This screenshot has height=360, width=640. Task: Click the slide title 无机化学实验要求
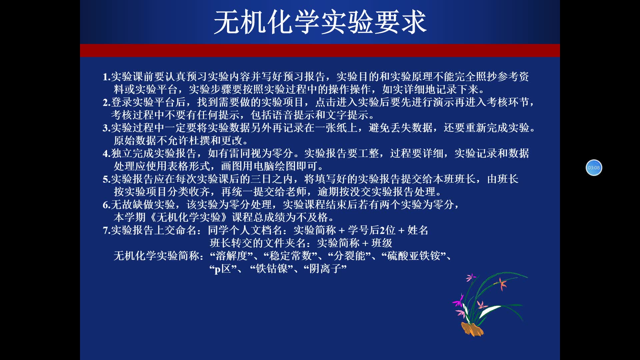320,22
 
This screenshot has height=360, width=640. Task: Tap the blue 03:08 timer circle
594,168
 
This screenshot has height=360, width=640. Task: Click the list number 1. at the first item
106,77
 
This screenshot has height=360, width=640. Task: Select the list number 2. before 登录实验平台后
106,102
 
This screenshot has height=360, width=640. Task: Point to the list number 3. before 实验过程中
106,128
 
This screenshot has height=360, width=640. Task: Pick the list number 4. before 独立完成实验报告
106,154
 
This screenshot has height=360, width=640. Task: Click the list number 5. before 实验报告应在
106,179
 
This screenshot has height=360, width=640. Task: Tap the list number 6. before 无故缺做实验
106,205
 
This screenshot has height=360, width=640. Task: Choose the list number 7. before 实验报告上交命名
106,230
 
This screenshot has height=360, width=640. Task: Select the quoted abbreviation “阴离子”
325,269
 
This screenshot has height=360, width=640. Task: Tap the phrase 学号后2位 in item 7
372,230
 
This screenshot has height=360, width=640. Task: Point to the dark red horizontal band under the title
320,50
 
